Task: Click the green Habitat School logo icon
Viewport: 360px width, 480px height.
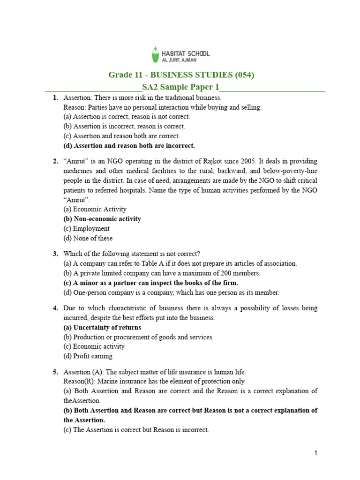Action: pyautogui.click(x=155, y=54)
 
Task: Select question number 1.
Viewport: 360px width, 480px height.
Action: pyautogui.click(x=55, y=98)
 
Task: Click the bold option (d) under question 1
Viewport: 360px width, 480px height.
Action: pyautogui.click(x=129, y=145)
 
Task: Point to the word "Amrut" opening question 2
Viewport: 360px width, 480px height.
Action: pyautogui.click(x=75, y=161)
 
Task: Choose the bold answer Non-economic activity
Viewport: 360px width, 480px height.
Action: pyautogui.click(x=102, y=219)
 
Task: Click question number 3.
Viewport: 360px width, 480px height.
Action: pyautogui.click(x=55, y=254)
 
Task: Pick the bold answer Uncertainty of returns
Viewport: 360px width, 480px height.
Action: pyautogui.click(x=102, y=328)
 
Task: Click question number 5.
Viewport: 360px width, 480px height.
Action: pyautogui.click(x=55, y=372)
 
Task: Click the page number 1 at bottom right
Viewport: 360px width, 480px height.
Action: pyautogui.click(x=316, y=453)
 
